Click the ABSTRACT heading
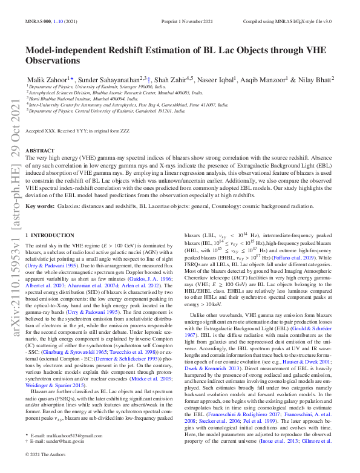(41, 150)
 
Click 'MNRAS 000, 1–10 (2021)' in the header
(51, 21)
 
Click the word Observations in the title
(53, 60)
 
